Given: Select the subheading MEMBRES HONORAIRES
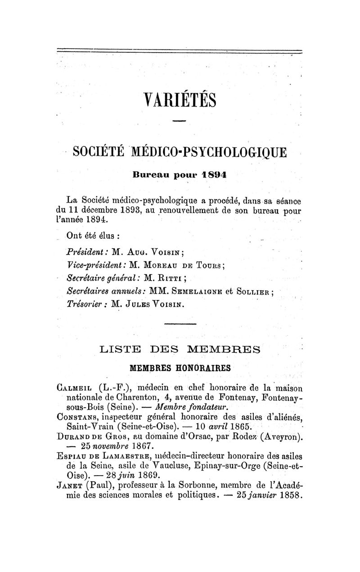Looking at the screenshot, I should tap(180, 368).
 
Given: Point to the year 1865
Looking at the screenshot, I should tap(240, 427).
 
